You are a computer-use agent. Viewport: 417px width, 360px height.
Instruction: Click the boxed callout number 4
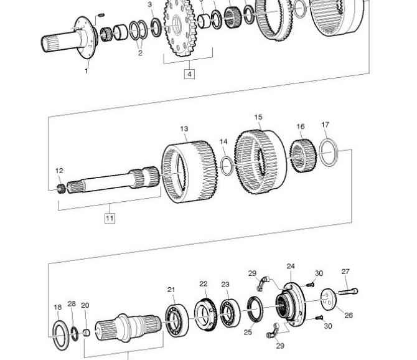(x=189, y=73)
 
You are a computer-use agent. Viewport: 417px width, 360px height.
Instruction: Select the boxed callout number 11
(x=110, y=218)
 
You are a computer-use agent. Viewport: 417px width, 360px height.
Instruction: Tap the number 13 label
(x=184, y=129)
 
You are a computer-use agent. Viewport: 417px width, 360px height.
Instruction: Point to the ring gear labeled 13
(x=189, y=172)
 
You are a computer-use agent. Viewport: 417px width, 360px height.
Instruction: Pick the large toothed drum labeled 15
(x=261, y=162)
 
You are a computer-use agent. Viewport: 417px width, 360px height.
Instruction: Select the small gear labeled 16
(x=303, y=156)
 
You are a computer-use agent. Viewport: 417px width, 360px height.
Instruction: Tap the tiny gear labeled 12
(x=62, y=189)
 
